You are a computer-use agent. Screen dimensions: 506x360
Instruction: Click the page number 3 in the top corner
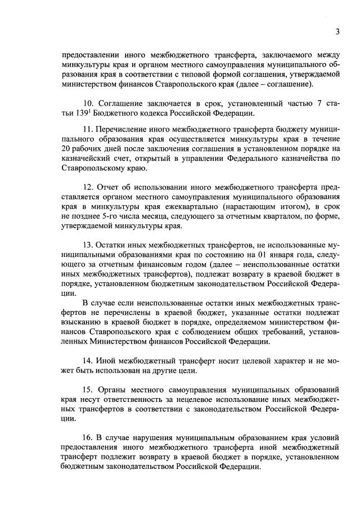point(337,31)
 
